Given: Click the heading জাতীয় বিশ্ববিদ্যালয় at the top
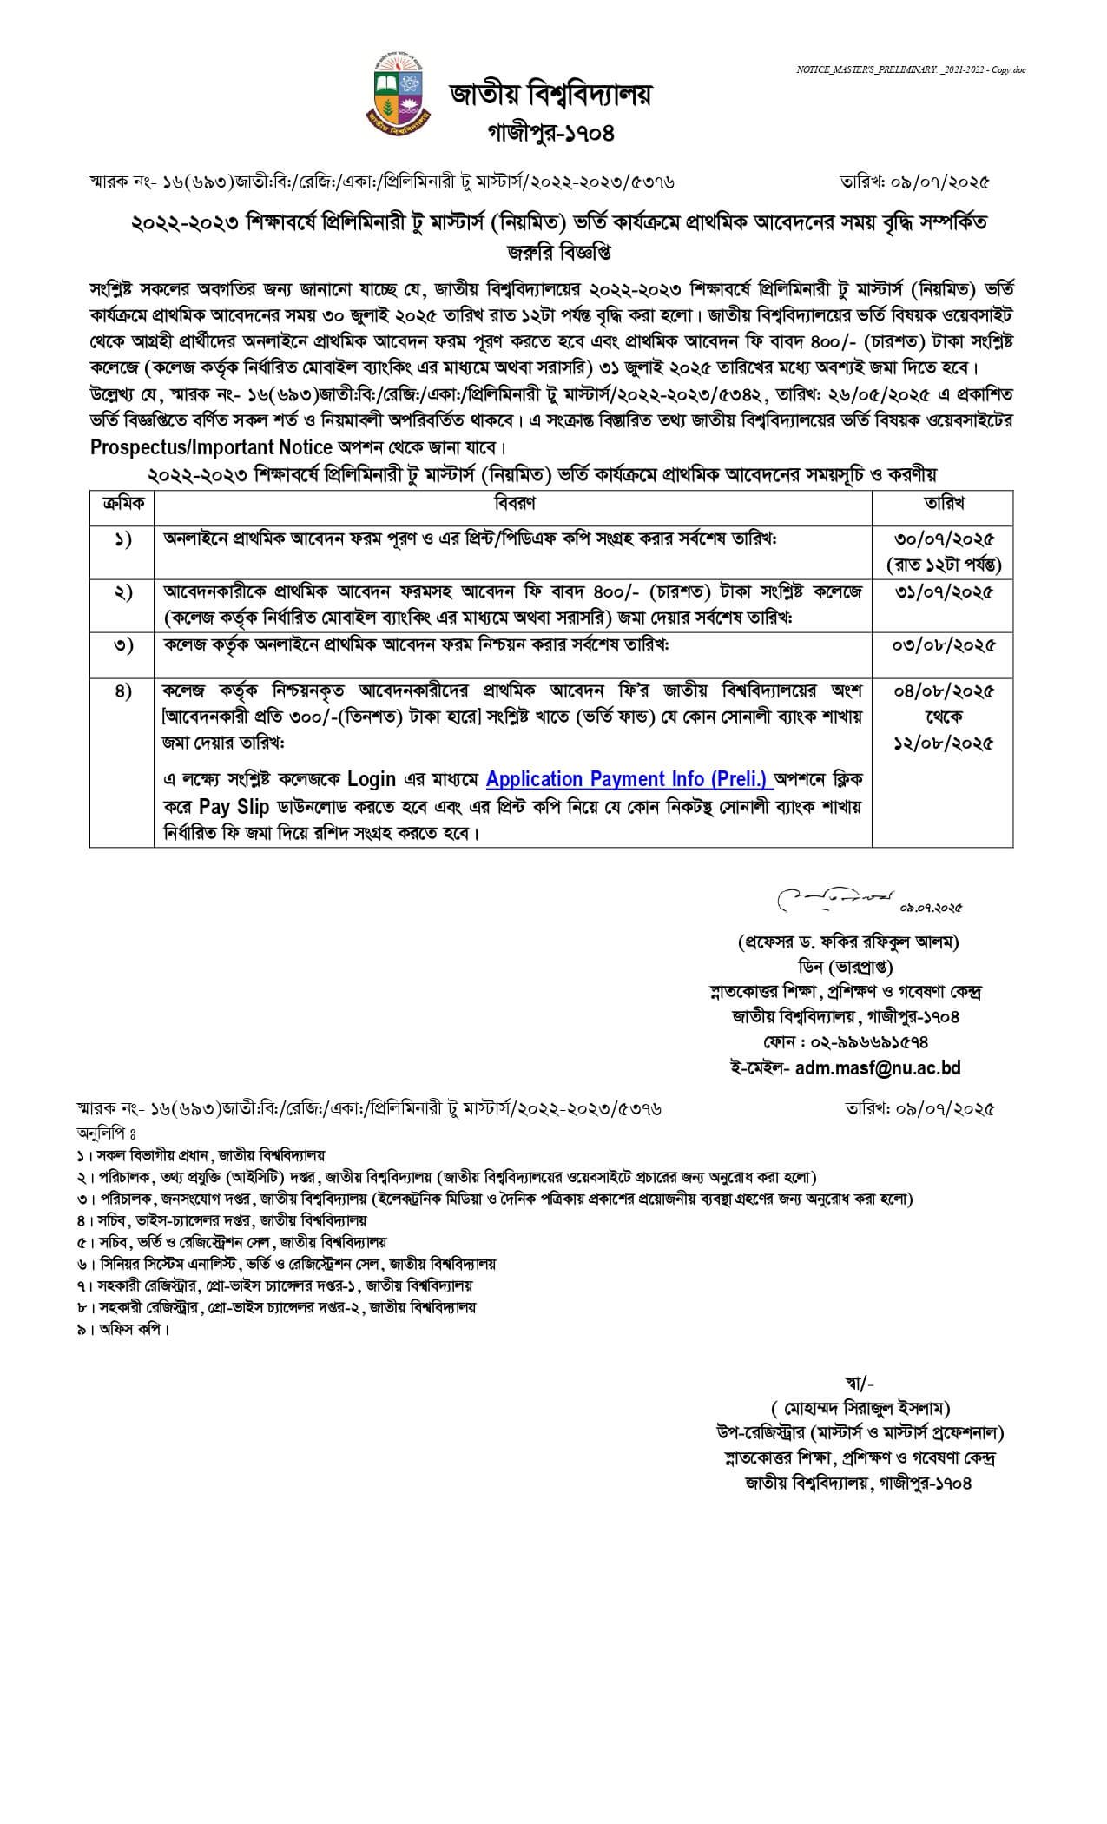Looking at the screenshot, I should (x=550, y=94).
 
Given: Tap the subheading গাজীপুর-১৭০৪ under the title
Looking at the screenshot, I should (x=550, y=134).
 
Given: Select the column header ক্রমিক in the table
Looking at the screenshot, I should (x=122, y=503).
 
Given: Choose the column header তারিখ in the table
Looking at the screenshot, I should (x=944, y=503).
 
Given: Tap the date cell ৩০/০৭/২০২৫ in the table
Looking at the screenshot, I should (x=944, y=539).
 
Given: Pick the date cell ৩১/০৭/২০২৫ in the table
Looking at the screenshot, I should (x=944, y=593).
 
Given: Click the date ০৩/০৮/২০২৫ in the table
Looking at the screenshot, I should (x=944, y=645).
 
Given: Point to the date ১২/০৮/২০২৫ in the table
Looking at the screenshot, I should (x=944, y=743).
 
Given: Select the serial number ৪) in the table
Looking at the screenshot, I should (x=122, y=692).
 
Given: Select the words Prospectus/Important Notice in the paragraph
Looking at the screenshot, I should (x=212, y=448).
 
